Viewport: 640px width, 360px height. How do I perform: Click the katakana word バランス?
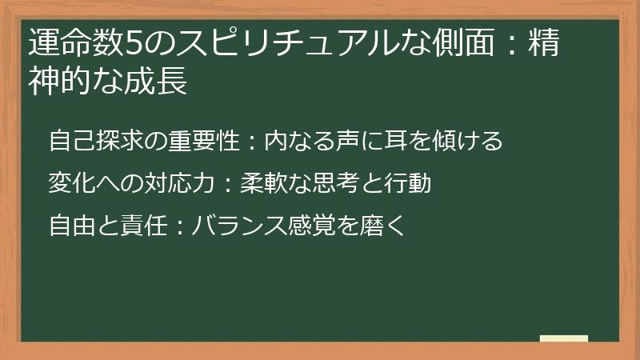pos(241,226)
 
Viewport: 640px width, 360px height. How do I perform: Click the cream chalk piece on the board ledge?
pos(564,338)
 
